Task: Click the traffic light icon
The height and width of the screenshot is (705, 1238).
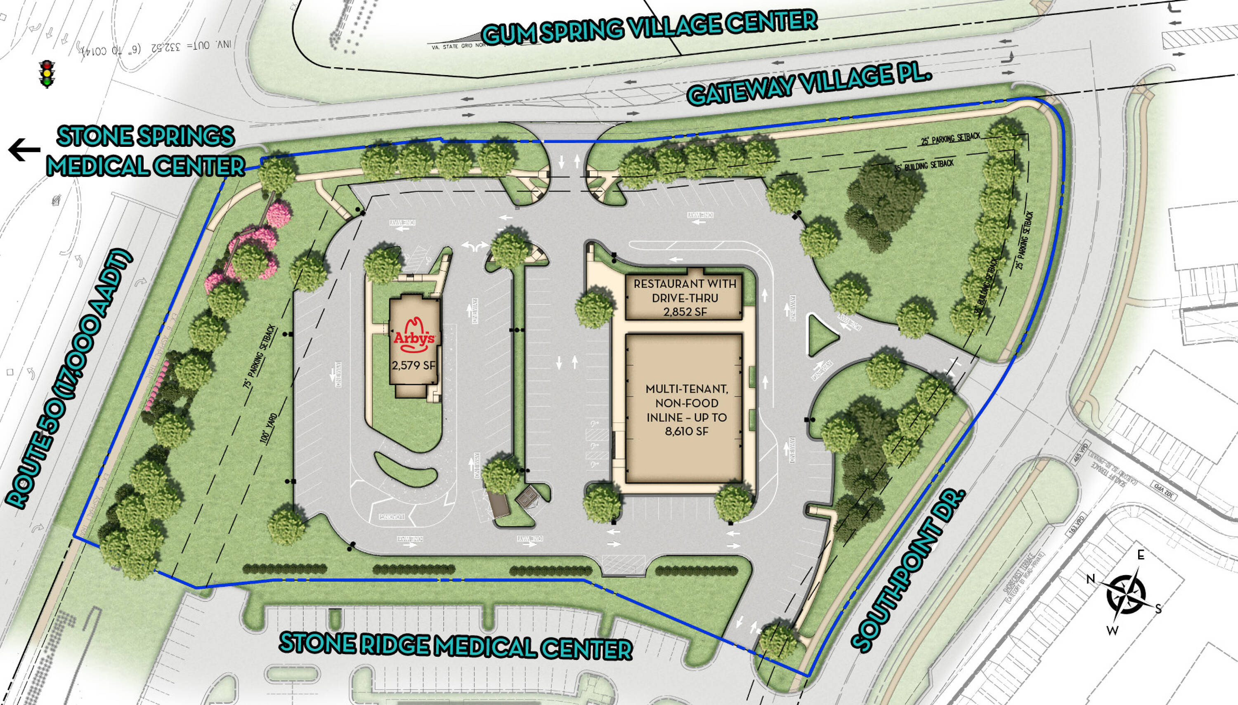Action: click(47, 73)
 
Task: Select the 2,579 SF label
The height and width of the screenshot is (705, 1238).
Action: click(414, 365)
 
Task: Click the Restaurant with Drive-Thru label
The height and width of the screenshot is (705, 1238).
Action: click(684, 290)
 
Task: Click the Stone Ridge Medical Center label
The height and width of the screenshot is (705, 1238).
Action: click(456, 646)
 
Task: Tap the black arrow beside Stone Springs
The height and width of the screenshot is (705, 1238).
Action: click(24, 150)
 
